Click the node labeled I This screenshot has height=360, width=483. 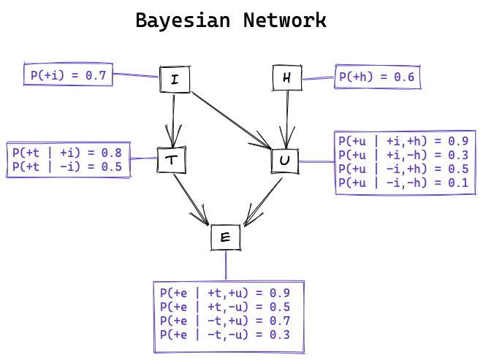pyautogui.click(x=175, y=80)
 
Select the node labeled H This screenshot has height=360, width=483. pyautogui.click(x=286, y=78)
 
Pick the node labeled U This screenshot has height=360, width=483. pyautogui.click(x=284, y=161)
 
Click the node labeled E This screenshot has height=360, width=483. pyautogui.click(x=225, y=237)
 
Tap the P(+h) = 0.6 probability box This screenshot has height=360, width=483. pyautogui.click(x=378, y=77)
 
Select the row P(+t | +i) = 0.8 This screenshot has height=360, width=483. pyautogui.click(x=66, y=153)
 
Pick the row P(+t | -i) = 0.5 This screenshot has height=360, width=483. pyautogui.click(x=66, y=166)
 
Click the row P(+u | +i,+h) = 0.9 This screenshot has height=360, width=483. pyautogui.click(x=403, y=141)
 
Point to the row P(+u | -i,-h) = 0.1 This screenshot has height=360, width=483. pyautogui.click(x=403, y=183)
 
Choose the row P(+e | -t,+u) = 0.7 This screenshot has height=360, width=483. pyautogui.click(x=225, y=321)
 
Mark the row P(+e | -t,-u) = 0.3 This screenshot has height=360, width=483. pyautogui.click(x=225, y=335)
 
